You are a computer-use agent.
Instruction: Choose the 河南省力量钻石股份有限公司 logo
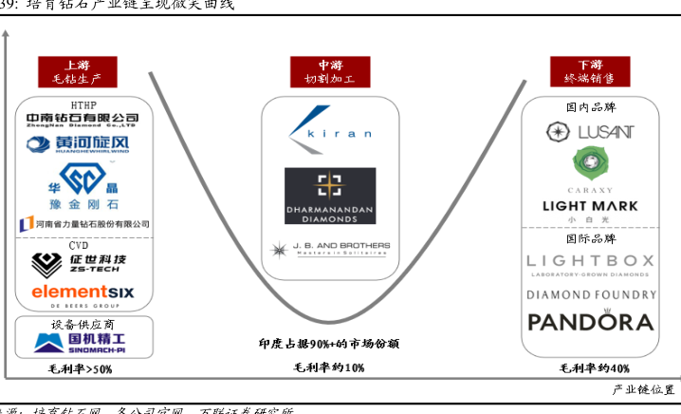(x=83, y=224)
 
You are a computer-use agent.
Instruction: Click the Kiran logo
(x=328, y=131)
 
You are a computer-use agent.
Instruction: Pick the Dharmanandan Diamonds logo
(x=328, y=198)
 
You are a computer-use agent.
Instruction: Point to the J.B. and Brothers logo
(x=328, y=251)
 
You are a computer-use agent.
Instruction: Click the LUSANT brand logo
(x=590, y=131)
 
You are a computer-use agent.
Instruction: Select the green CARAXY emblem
(x=590, y=163)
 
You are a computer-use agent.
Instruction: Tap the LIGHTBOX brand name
(x=590, y=261)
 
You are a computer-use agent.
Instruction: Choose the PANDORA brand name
(x=590, y=321)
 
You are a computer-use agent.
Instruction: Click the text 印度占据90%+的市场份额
(x=328, y=344)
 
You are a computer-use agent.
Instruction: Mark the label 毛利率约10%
(x=328, y=367)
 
